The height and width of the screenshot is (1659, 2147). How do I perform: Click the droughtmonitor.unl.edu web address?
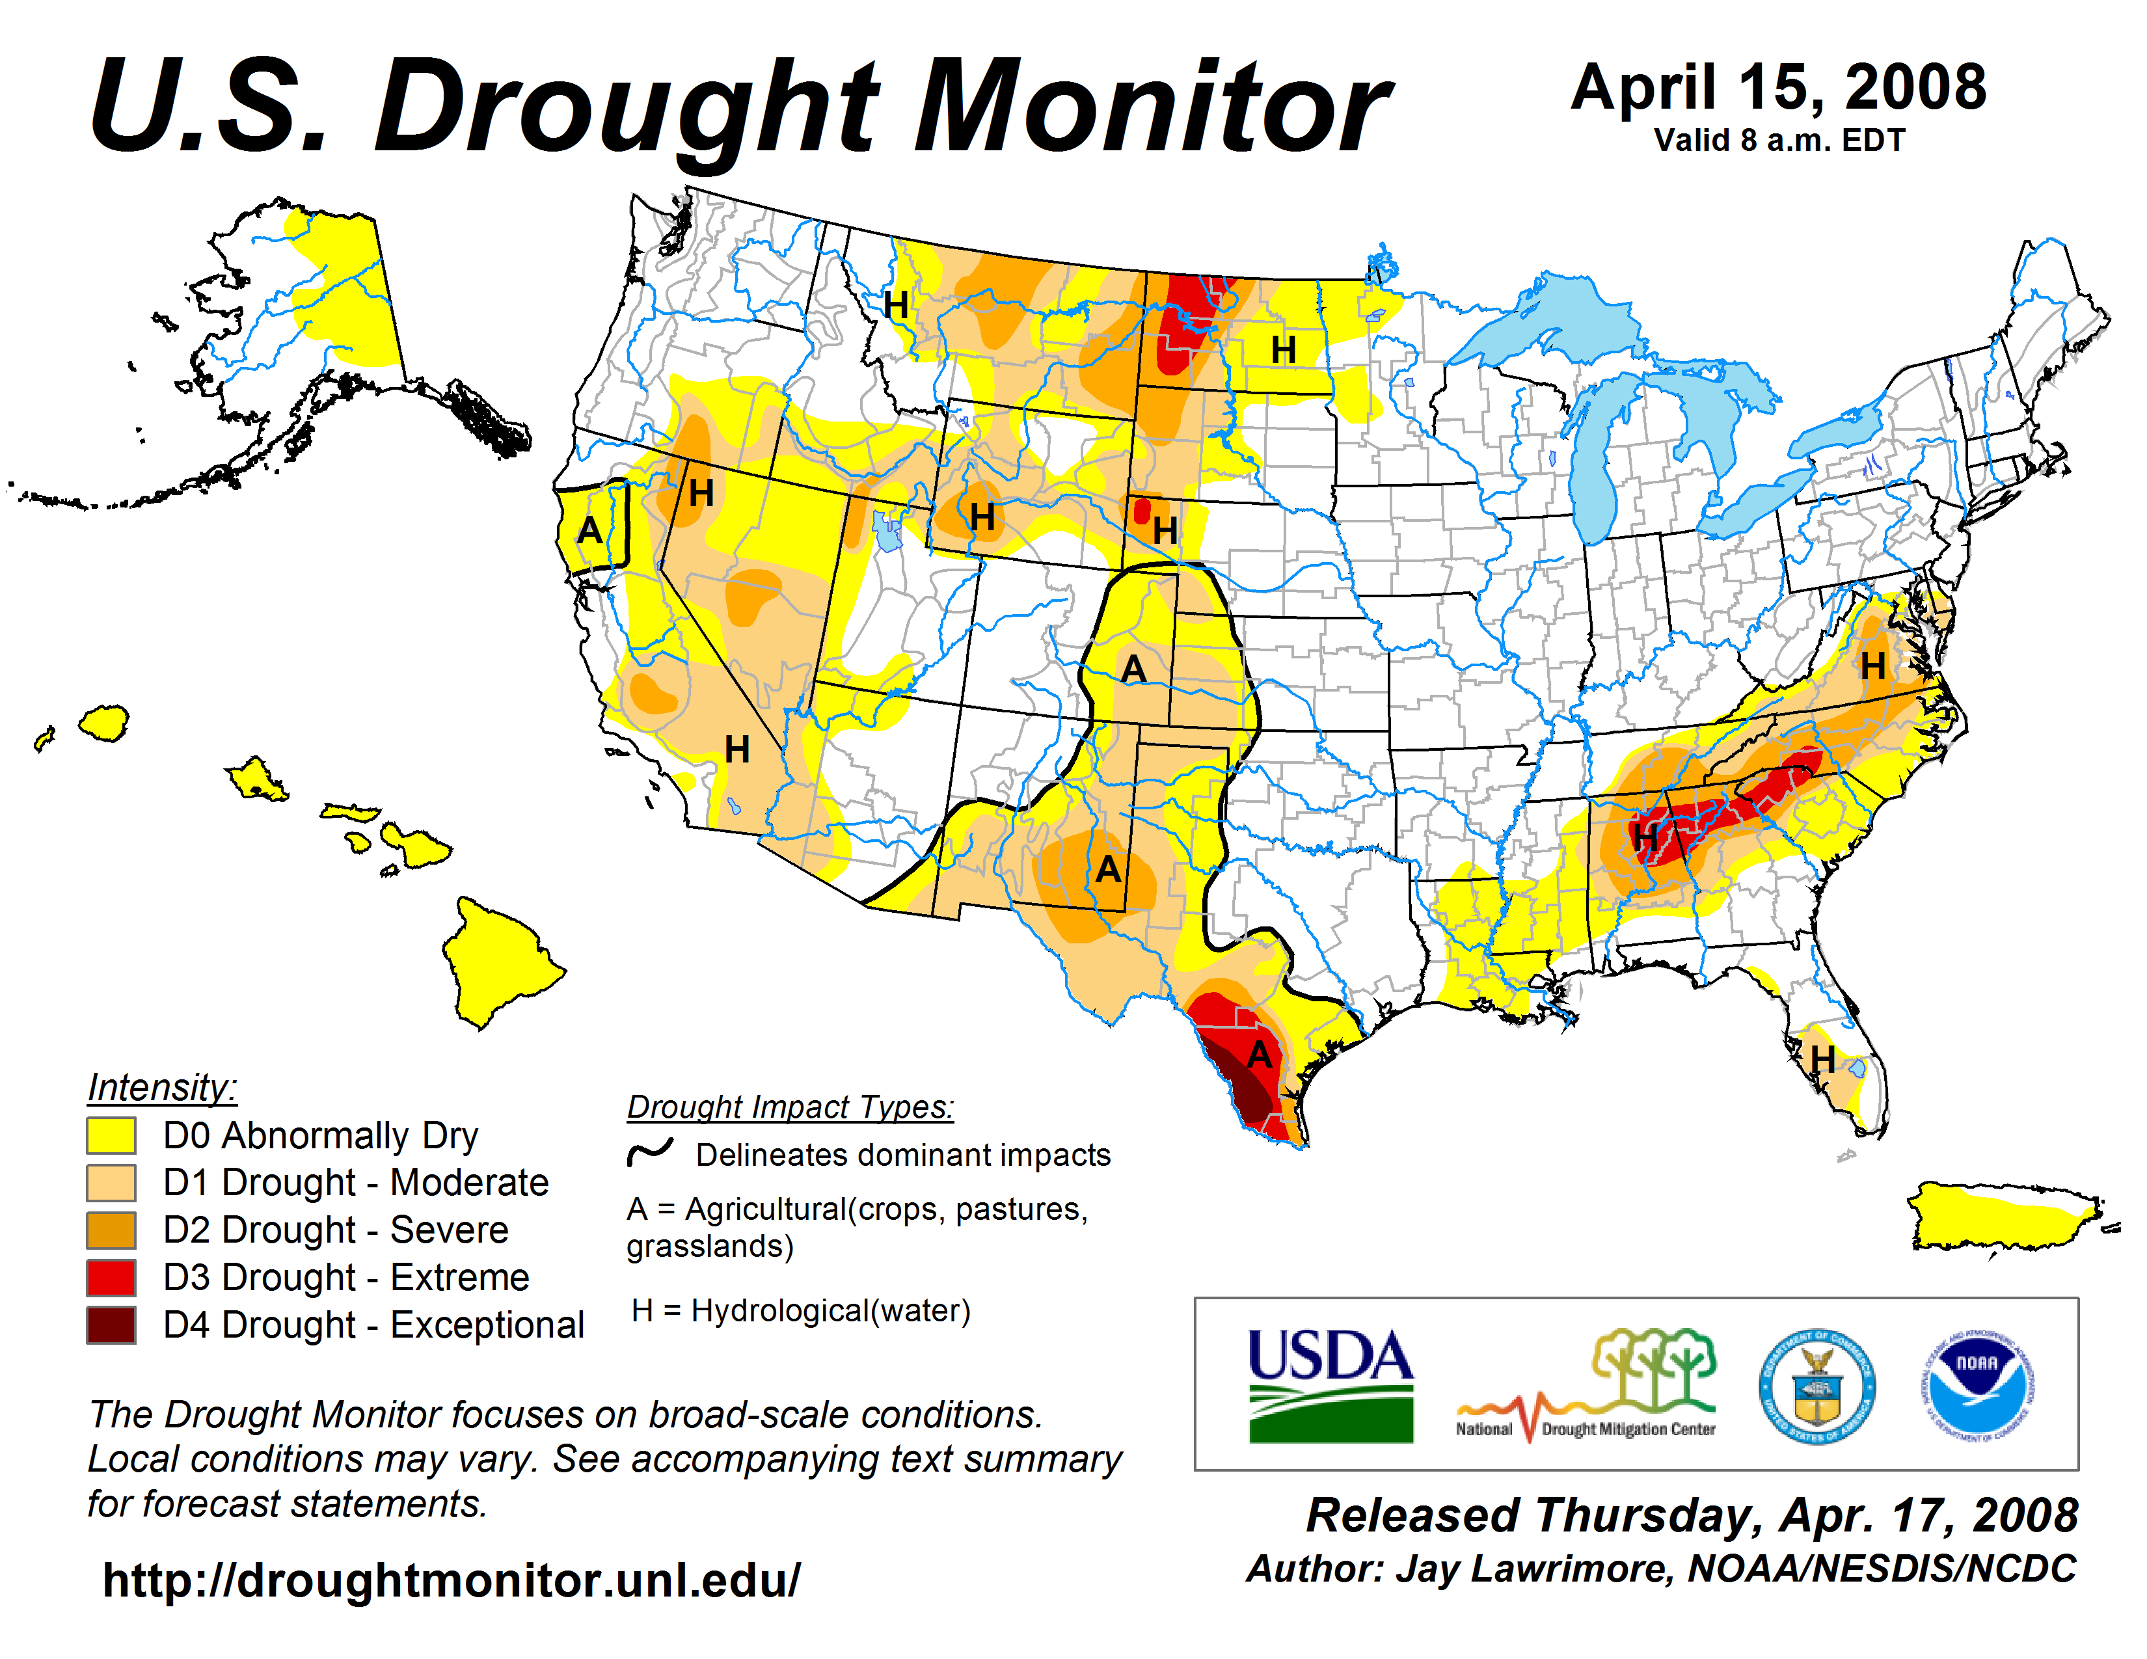452,1580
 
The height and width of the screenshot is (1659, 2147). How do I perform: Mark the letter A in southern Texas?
1260,1055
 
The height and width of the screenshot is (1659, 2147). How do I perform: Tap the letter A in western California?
589,531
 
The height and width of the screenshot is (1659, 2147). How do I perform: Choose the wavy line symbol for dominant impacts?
650,1152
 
